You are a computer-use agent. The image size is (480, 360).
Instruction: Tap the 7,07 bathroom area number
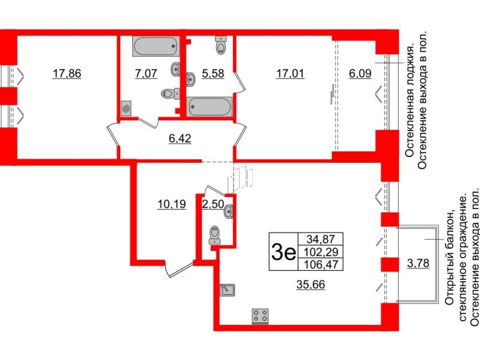click(146, 74)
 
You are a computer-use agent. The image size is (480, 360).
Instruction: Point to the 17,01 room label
click(290, 74)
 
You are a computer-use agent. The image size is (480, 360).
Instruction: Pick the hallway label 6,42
click(180, 139)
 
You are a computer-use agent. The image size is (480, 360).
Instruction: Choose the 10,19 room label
click(172, 204)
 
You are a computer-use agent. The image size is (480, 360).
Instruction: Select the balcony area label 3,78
click(418, 263)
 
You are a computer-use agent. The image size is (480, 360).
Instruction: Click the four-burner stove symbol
click(260, 316)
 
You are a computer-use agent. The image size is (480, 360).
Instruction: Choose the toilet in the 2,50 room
click(214, 234)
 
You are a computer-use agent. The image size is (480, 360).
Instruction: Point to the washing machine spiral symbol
click(126, 108)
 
